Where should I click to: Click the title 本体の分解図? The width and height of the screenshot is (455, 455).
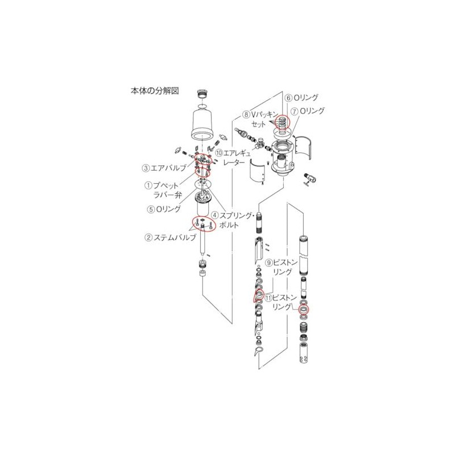155,90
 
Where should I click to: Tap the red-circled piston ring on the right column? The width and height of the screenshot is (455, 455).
304,310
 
